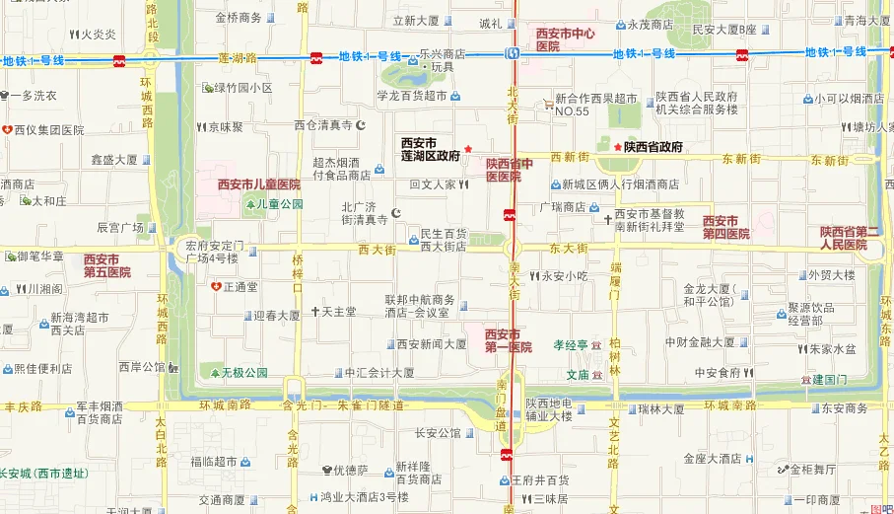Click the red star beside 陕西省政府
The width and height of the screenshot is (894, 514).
click(618, 147)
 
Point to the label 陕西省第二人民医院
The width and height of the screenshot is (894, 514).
click(846, 238)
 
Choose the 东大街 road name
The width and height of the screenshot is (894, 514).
click(569, 249)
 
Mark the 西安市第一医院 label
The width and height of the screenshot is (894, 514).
click(509, 341)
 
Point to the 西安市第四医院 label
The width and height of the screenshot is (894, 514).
click(726, 227)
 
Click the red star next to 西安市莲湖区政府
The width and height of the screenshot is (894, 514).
click(468, 147)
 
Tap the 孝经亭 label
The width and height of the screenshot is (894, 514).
click(570, 345)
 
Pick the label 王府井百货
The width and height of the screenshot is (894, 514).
click(540, 479)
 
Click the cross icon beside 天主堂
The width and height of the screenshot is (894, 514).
click(315, 312)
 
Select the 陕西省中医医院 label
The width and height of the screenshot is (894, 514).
click(510, 170)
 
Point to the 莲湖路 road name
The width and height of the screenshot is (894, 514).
click(238, 58)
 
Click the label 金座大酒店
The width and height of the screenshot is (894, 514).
click(712, 459)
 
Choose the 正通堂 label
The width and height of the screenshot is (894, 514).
click(241, 287)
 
